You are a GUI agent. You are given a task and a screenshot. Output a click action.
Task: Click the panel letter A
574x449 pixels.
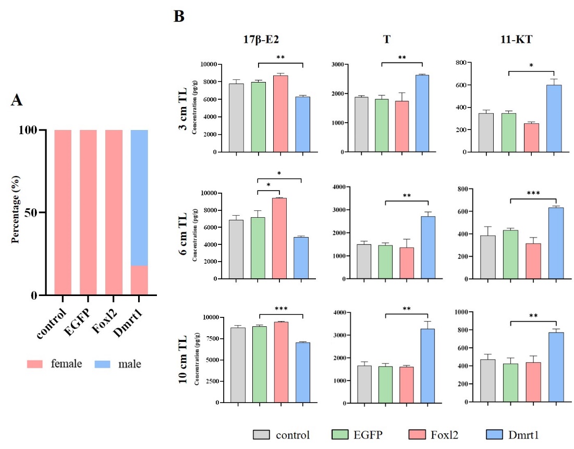click(x=17, y=101)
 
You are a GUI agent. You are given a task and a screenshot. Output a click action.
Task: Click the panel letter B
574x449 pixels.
click(x=179, y=17)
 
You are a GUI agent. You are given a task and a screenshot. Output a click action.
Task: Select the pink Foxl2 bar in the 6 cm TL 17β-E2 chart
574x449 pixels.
click(x=279, y=238)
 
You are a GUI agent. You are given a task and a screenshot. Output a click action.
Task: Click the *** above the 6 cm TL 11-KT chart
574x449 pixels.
click(x=532, y=193)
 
